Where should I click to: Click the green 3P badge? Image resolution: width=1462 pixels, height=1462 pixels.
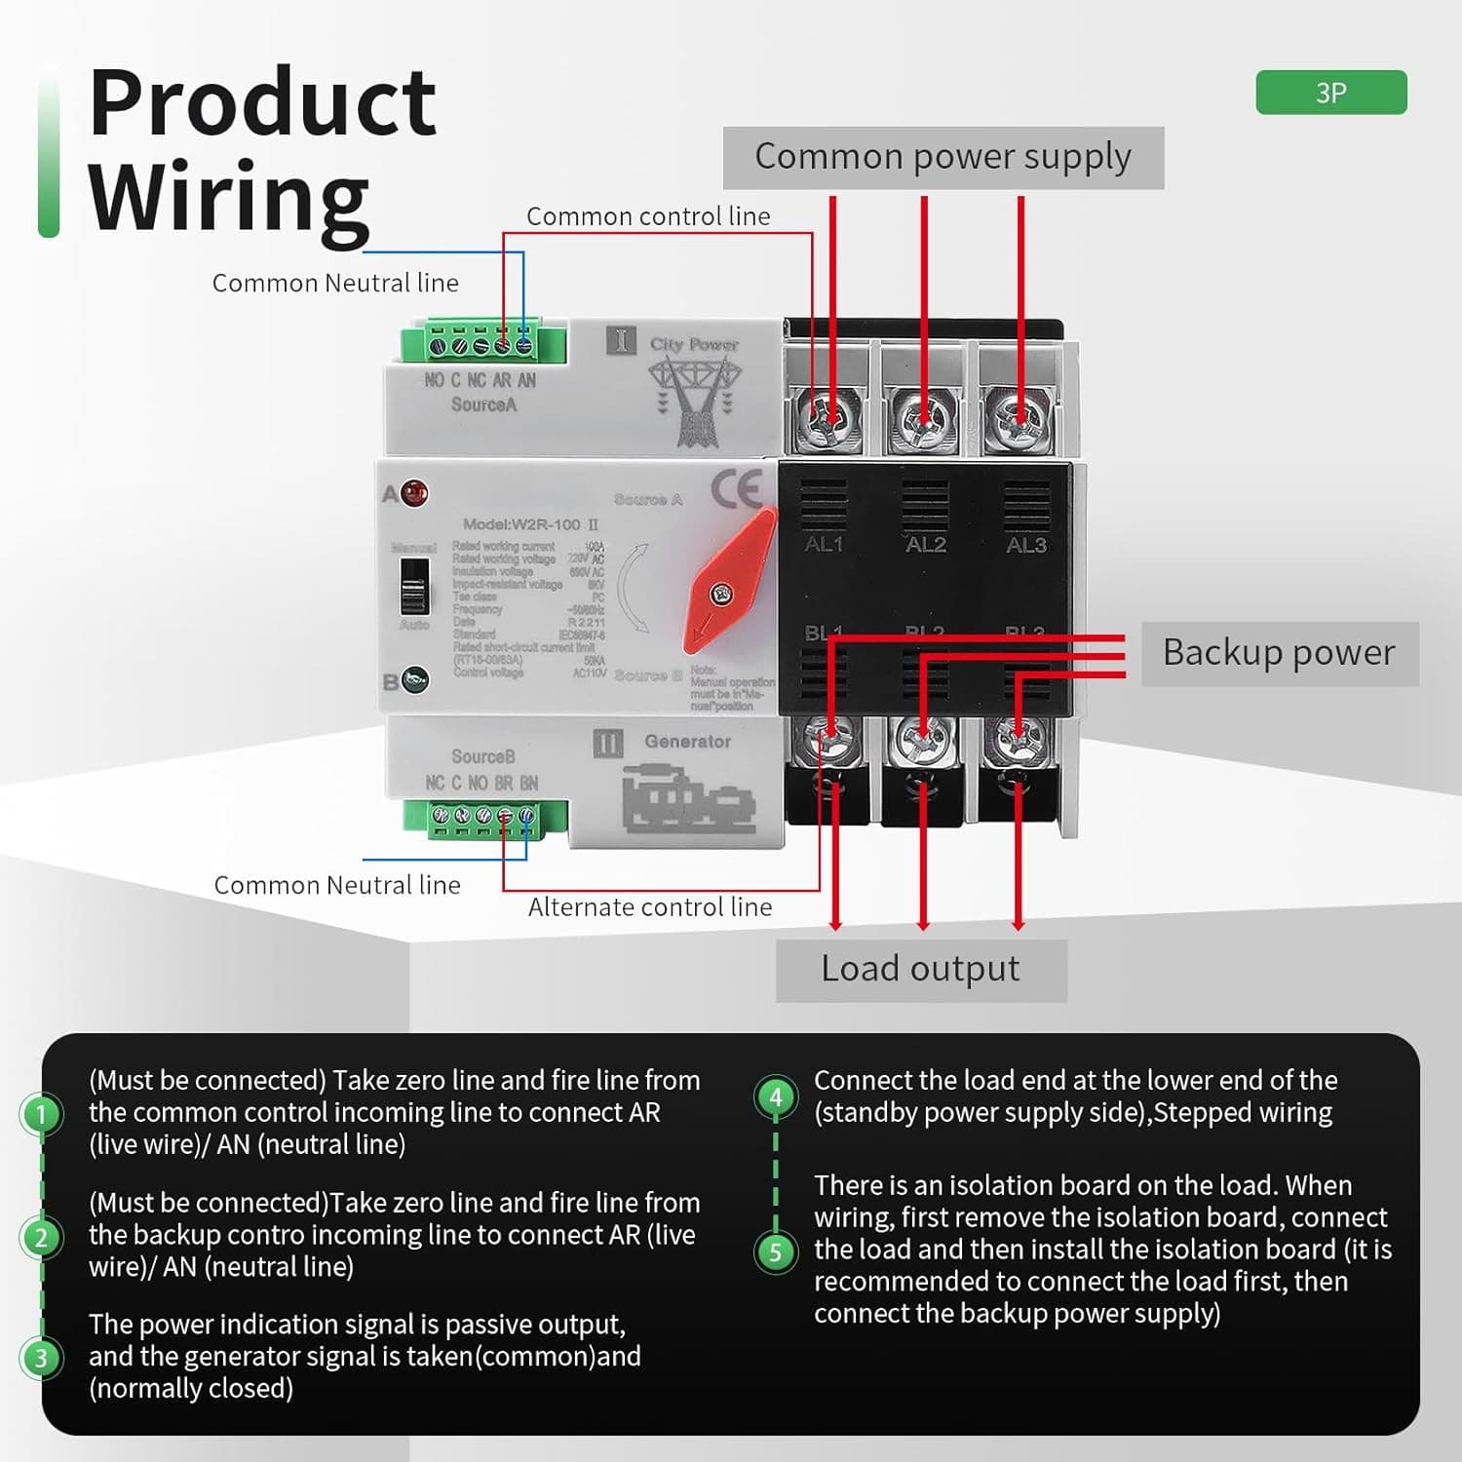coord(1330,93)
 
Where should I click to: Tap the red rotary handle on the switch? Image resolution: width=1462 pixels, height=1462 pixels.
coord(726,583)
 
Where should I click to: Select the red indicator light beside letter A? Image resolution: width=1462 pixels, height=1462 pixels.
coord(413,492)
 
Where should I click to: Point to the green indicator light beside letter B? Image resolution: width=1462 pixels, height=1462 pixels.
coord(414,679)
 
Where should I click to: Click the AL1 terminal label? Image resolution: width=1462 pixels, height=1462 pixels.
coord(824,545)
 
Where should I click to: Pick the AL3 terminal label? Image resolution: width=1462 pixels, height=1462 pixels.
coord(1026,545)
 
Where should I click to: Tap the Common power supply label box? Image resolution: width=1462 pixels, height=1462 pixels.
coord(943,157)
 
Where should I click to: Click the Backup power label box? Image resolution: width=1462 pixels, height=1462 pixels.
coord(1279,653)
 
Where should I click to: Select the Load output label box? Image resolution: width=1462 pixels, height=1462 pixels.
coord(921,970)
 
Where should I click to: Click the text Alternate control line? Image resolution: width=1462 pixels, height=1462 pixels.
coord(650,907)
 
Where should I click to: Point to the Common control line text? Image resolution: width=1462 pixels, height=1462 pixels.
coord(648,216)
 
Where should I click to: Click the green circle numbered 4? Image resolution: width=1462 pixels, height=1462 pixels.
coord(776,1097)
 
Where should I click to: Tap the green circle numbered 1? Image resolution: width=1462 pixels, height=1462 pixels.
coord(41,1113)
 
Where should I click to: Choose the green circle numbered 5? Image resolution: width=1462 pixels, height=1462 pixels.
coord(776,1251)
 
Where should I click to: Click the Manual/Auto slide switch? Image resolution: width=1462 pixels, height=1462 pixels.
coord(414,585)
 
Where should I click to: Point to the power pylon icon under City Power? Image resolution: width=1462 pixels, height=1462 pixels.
coord(695,400)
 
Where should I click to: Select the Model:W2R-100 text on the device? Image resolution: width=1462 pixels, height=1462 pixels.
coord(530,524)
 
